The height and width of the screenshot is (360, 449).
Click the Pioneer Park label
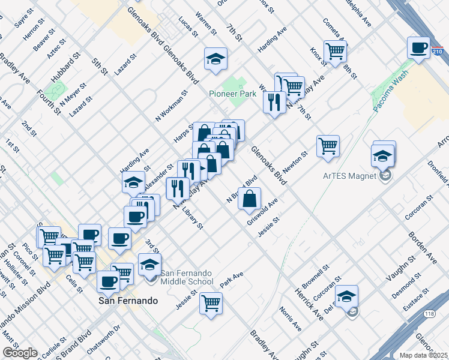coord(232,94)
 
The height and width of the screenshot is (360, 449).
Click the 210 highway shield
coord(438,53)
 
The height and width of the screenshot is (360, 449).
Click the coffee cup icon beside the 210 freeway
coord(418,47)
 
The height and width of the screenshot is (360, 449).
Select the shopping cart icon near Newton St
coord(328,146)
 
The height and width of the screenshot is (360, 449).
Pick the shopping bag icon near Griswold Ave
coord(250,199)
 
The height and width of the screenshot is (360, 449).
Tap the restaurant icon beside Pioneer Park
coord(274,102)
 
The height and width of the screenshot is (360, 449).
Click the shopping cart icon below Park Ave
coord(211,303)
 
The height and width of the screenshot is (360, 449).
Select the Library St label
coord(193,219)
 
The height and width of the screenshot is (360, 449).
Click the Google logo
coord(20,353)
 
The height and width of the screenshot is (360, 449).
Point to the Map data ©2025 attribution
coord(424,355)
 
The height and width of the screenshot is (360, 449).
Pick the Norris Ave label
coord(290,319)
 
